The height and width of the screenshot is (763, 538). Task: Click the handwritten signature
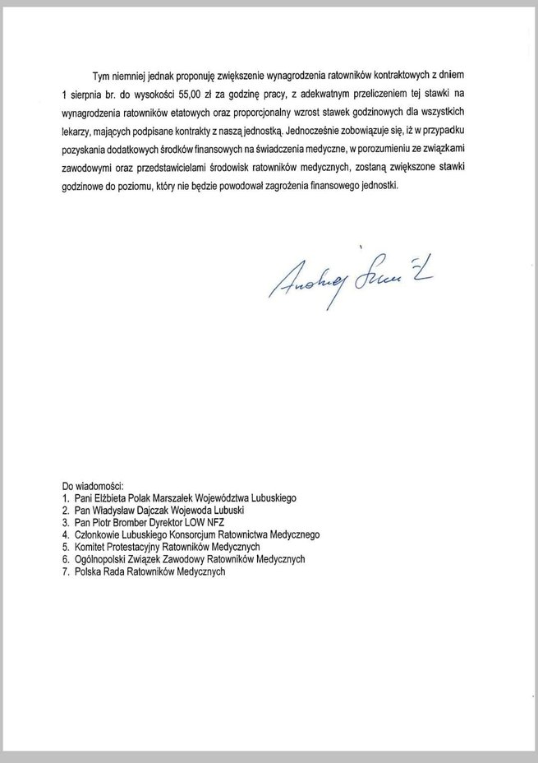[x=353, y=280]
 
